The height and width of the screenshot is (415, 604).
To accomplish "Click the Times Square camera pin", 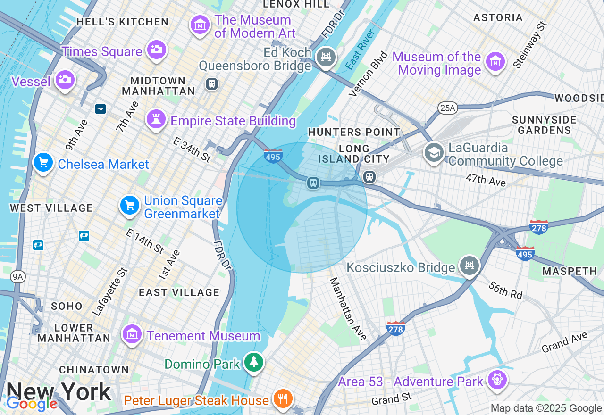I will [x=156, y=49].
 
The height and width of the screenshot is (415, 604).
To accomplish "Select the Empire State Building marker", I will [x=156, y=119].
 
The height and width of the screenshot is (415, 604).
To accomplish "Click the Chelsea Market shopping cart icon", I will [x=43, y=163].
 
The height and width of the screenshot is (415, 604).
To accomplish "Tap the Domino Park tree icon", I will [x=254, y=362].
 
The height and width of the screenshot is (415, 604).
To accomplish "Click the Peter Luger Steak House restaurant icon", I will [x=283, y=398].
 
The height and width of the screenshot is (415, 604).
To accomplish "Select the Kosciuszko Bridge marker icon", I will [x=469, y=266].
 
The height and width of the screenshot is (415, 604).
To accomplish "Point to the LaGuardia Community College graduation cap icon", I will [x=434, y=152].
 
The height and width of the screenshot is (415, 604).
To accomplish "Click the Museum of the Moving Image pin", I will [x=495, y=61].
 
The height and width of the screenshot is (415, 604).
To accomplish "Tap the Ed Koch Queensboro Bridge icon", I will [x=326, y=57].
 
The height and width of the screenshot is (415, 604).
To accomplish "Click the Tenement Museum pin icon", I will [x=132, y=334].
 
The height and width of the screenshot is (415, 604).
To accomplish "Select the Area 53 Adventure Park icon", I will [x=497, y=379].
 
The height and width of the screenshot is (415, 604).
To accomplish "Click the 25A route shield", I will [x=446, y=108].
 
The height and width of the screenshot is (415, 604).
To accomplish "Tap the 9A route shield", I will [x=18, y=277].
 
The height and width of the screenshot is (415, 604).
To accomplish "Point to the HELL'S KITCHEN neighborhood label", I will [x=122, y=22].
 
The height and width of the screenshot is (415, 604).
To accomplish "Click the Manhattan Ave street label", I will [x=348, y=309].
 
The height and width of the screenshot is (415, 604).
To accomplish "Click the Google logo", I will [x=32, y=404].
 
